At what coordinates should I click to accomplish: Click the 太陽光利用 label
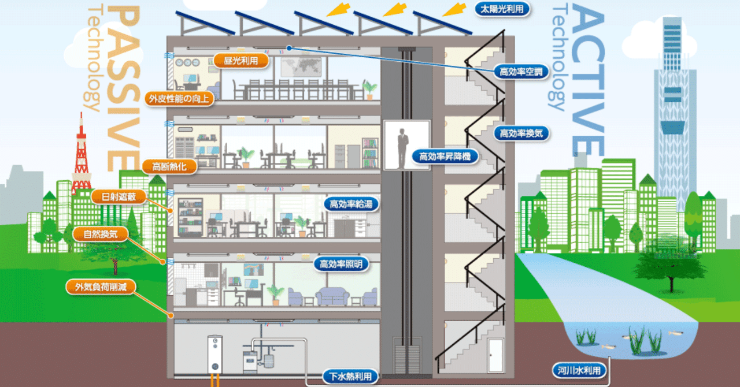502,9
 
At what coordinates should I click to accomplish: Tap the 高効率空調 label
520,72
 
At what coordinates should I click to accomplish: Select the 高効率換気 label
521,133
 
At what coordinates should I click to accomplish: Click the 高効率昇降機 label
445,156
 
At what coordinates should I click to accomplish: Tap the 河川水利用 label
579,371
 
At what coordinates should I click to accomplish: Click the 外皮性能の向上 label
179,98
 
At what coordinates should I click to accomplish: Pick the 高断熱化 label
169,167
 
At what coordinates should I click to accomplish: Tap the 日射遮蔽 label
118,198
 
